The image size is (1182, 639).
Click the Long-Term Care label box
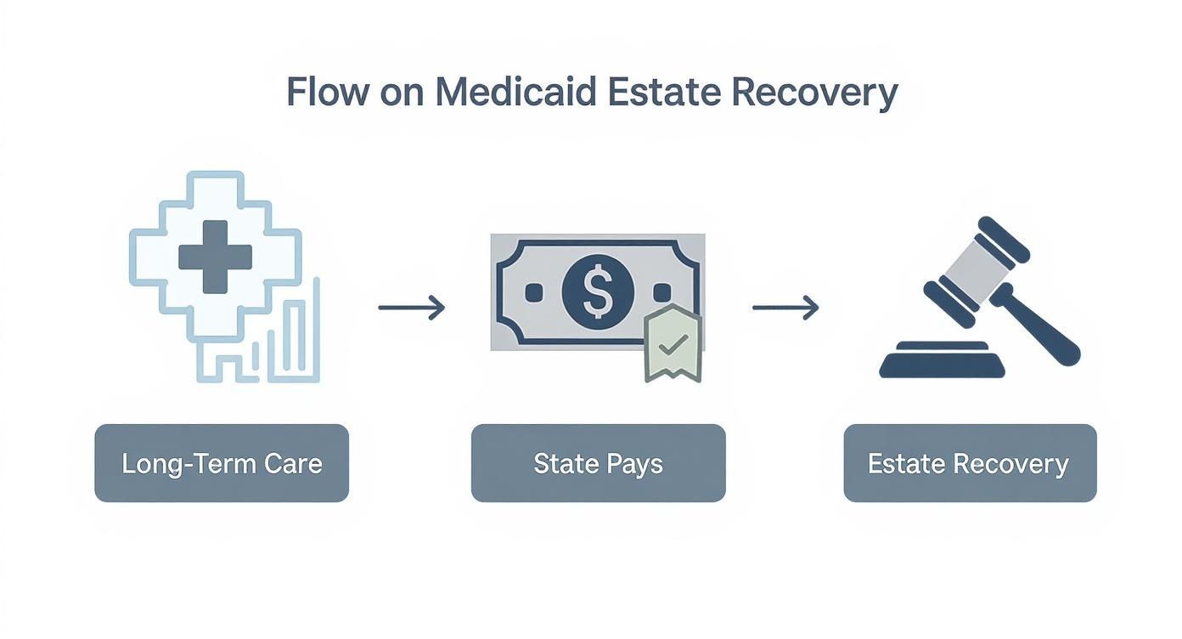222,463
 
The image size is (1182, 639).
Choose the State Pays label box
598,463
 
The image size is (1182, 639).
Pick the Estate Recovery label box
969,463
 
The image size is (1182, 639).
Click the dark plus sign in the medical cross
215,257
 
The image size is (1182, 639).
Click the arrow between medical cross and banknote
411,308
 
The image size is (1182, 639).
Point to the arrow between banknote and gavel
785,308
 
